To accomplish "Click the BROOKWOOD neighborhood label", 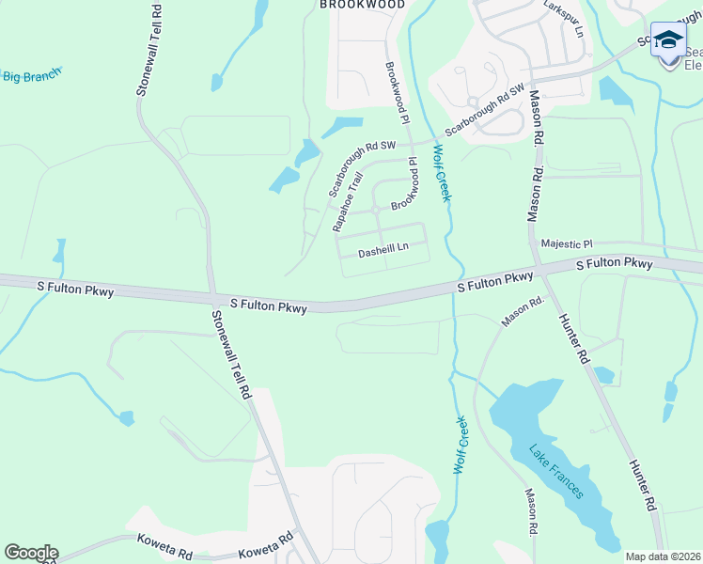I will pyautogui.click(x=362, y=5).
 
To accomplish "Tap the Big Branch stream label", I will pyautogui.click(x=32, y=74).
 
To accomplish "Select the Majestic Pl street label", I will pyautogui.click(x=568, y=243).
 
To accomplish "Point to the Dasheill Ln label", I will pyautogui.click(x=384, y=249).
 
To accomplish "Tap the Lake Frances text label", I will pyautogui.click(x=555, y=471).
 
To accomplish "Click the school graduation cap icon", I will pyautogui.click(x=668, y=40).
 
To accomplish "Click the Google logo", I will pyautogui.click(x=30, y=553).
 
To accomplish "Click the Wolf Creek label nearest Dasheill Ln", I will pyautogui.click(x=442, y=172).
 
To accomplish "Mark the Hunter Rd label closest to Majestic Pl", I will pyautogui.click(x=573, y=339).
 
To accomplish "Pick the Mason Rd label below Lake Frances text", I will pyautogui.click(x=532, y=512).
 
